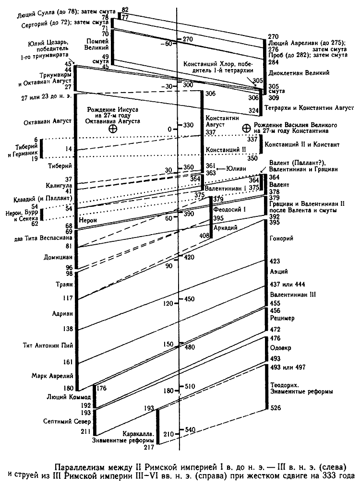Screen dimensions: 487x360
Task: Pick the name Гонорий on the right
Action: pos(281,238)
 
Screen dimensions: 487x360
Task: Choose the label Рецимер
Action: pos(282,318)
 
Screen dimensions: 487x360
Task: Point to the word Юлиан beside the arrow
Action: pos(234,168)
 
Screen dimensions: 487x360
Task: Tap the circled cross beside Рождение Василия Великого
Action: pos(247,128)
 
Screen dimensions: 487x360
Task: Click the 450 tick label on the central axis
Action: pos(190,299)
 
